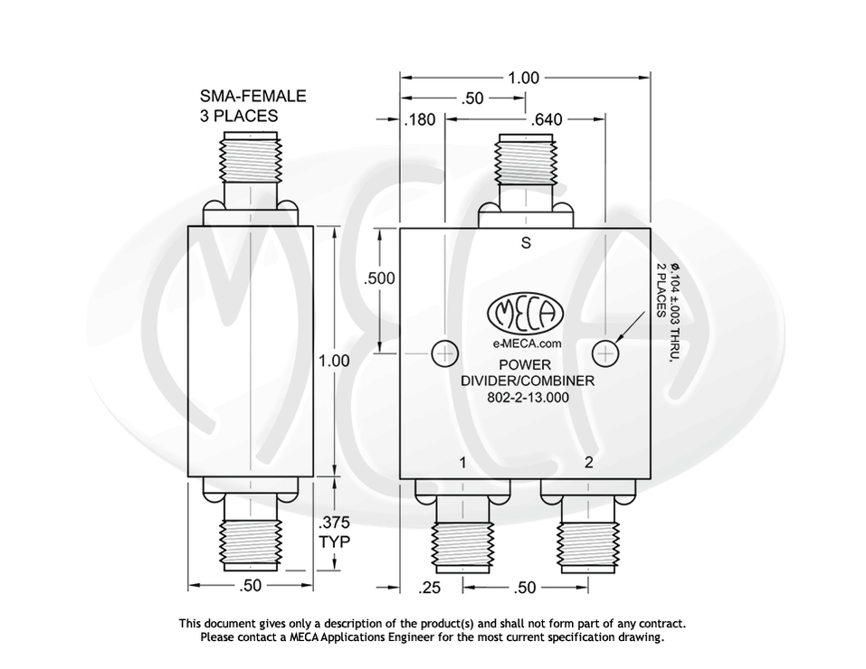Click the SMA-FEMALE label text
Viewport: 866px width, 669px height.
coord(252,96)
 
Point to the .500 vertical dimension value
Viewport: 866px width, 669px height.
coord(378,278)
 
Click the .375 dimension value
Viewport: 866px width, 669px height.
coord(333,523)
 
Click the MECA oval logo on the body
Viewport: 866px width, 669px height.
coord(526,315)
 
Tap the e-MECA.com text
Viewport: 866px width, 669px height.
coord(528,344)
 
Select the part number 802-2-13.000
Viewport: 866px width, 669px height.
coord(527,396)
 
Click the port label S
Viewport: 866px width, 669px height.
coord(526,242)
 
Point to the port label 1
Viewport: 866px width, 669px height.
coord(462,463)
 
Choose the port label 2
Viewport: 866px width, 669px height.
coord(588,463)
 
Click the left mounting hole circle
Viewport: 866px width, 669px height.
coord(444,352)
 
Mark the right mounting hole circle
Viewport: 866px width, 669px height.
coord(604,352)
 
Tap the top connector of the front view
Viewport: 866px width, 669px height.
coord(526,167)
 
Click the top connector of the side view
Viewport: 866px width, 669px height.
coord(251,167)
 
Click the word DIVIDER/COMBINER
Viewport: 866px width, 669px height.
coord(528,381)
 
